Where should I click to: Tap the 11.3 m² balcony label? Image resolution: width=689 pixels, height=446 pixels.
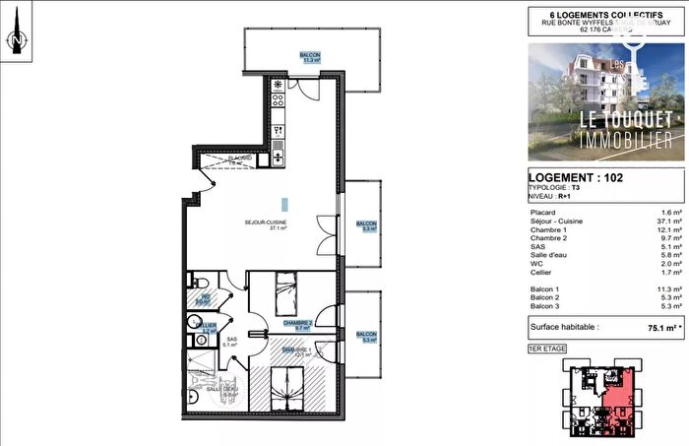(310, 58)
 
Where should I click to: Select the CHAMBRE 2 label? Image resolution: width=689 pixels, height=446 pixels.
(297, 323)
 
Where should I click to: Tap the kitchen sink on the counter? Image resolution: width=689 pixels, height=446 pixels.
(279, 154)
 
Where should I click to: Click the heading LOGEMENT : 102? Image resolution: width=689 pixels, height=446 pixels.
(575, 178)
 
